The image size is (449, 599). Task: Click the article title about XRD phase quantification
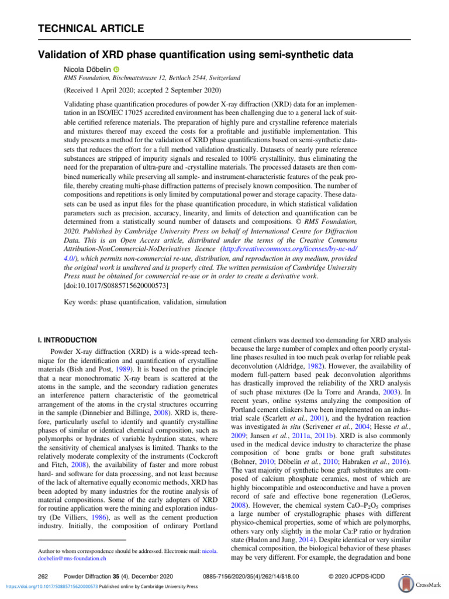[195, 55]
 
